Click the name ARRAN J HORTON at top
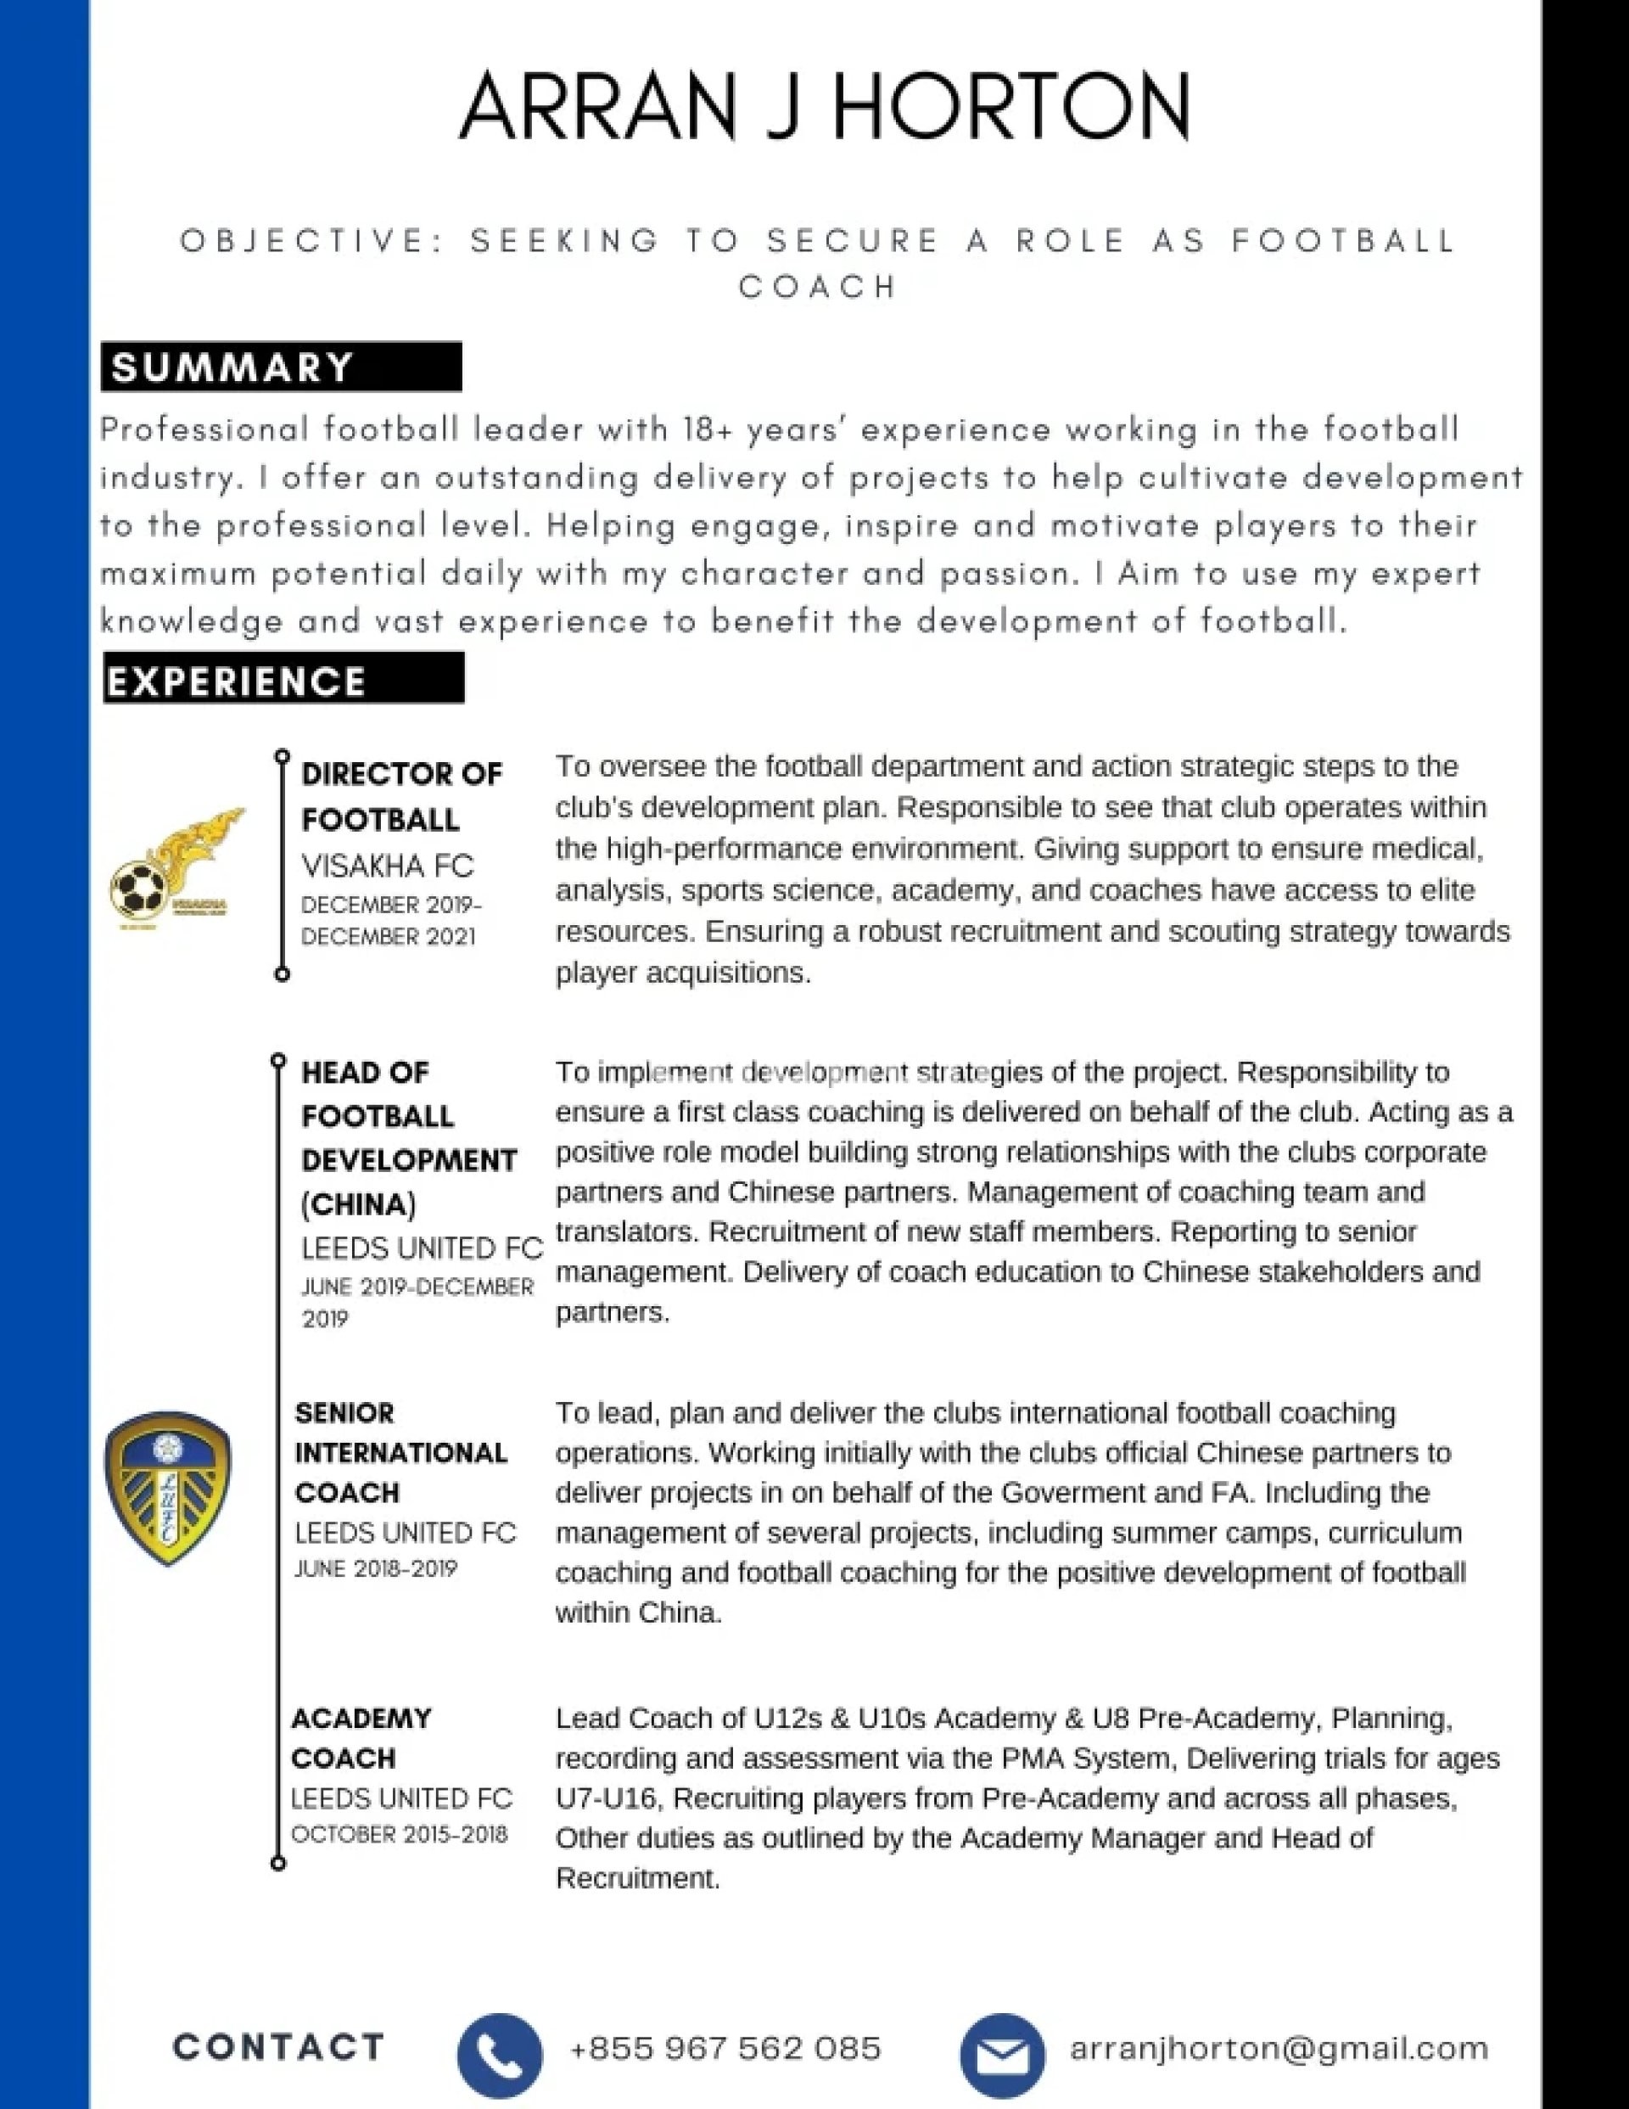coord(824,106)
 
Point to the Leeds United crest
coord(168,1488)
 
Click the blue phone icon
coord(499,2055)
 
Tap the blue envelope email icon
coord(1002,2055)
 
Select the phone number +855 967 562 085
coord(725,2048)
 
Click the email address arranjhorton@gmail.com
coord(1279,2048)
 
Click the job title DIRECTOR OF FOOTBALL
coord(401,797)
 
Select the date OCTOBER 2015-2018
coord(399,1835)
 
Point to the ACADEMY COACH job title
coord(361,1738)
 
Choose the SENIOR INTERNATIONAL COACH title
coord(400,1453)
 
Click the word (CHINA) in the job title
coord(359,1205)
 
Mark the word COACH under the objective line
coord(819,287)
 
